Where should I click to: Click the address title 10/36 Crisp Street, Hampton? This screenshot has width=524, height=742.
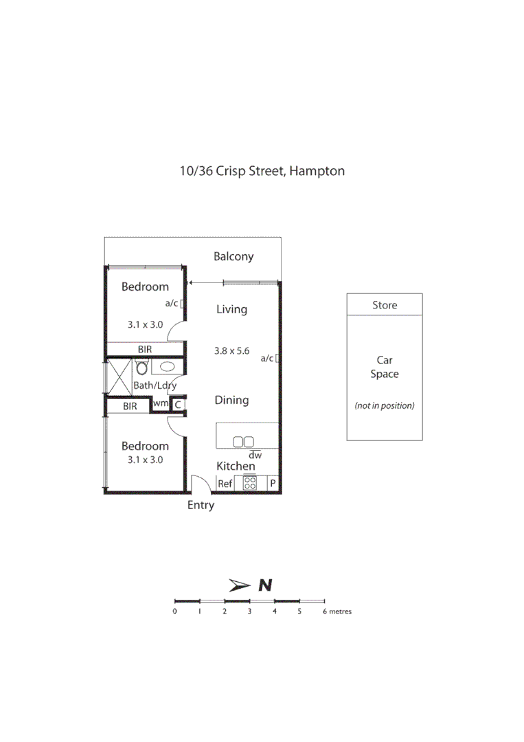[x=262, y=171]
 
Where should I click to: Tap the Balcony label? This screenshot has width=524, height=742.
[x=233, y=256]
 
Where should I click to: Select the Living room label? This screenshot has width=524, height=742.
[x=231, y=309]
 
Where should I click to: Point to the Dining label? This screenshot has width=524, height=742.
[x=231, y=400]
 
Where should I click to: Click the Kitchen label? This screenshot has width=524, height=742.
[x=236, y=466]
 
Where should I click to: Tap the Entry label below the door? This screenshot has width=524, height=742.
[x=201, y=505]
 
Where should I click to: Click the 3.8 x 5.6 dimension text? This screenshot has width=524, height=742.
[x=231, y=350]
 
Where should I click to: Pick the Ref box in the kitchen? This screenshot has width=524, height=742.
[x=225, y=484]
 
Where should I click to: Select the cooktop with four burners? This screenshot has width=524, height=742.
[x=250, y=484]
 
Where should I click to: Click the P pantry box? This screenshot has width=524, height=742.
[x=272, y=484]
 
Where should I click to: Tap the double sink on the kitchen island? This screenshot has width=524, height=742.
[x=243, y=442]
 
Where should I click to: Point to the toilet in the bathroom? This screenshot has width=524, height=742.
[x=142, y=368]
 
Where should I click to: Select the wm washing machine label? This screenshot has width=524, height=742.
[x=160, y=404]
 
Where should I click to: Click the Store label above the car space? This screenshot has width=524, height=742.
[x=384, y=305]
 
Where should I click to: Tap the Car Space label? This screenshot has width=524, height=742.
[x=384, y=367]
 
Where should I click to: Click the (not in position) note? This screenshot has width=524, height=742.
[x=384, y=405]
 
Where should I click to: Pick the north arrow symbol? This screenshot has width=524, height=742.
[x=240, y=585]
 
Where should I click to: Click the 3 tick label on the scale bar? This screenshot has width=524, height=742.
[x=249, y=611]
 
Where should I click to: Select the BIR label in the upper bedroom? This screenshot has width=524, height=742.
[x=144, y=349]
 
